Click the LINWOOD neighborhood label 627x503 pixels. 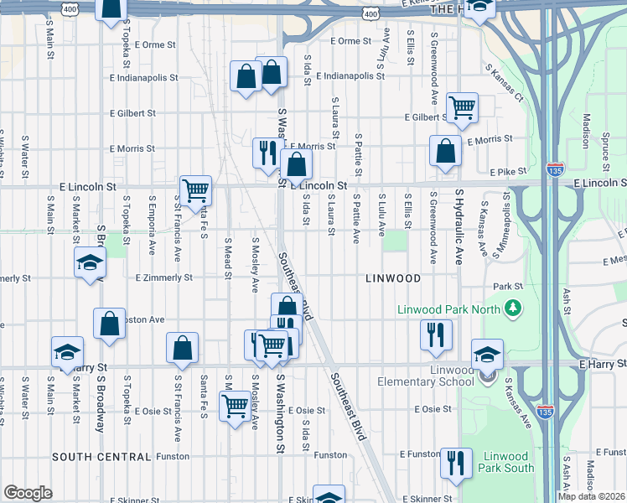[x=391, y=277]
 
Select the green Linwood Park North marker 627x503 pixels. [x=510, y=309]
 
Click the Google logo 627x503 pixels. [x=28, y=493]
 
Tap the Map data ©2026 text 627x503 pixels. [x=591, y=496]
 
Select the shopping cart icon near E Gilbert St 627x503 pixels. [x=462, y=107]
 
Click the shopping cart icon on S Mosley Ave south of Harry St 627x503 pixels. [x=236, y=406]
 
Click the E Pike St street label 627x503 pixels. [x=507, y=171]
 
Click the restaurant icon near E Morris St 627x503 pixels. [x=266, y=153]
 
